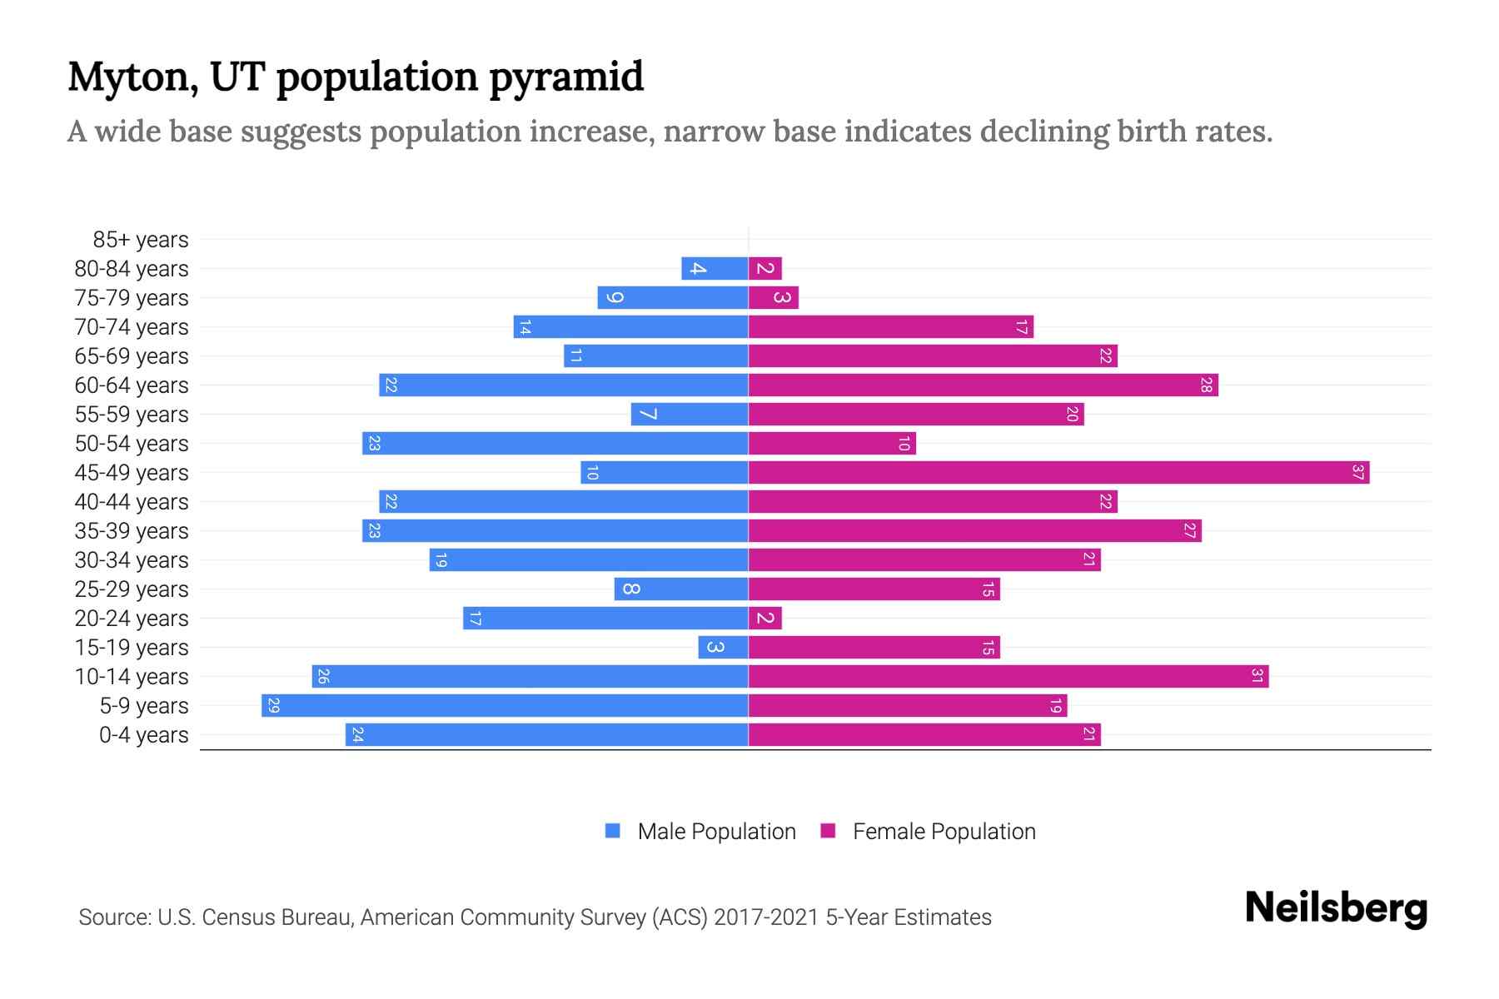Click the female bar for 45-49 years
(x=1058, y=473)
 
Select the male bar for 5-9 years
(x=505, y=706)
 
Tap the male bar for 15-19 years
(x=723, y=648)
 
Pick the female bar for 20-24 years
(x=765, y=619)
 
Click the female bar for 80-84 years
(x=765, y=269)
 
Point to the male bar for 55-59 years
(x=690, y=415)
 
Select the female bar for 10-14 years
(x=1008, y=677)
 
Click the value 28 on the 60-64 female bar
(x=1206, y=385)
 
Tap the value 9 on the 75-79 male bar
(x=615, y=298)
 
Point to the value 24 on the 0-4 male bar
(x=357, y=735)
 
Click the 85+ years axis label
(x=141, y=240)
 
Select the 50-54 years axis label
(x=132, y=444)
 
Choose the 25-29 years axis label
(x=132, y=589)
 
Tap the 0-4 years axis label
(x=143, y=735)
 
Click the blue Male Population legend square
(x=613, y=831)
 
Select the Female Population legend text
(x=944, y=832)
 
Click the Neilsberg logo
(x=1336, y=908)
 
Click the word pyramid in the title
(x=565, y=77)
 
